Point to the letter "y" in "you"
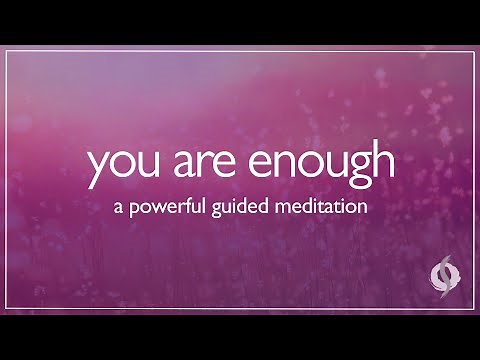coord(98,171)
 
